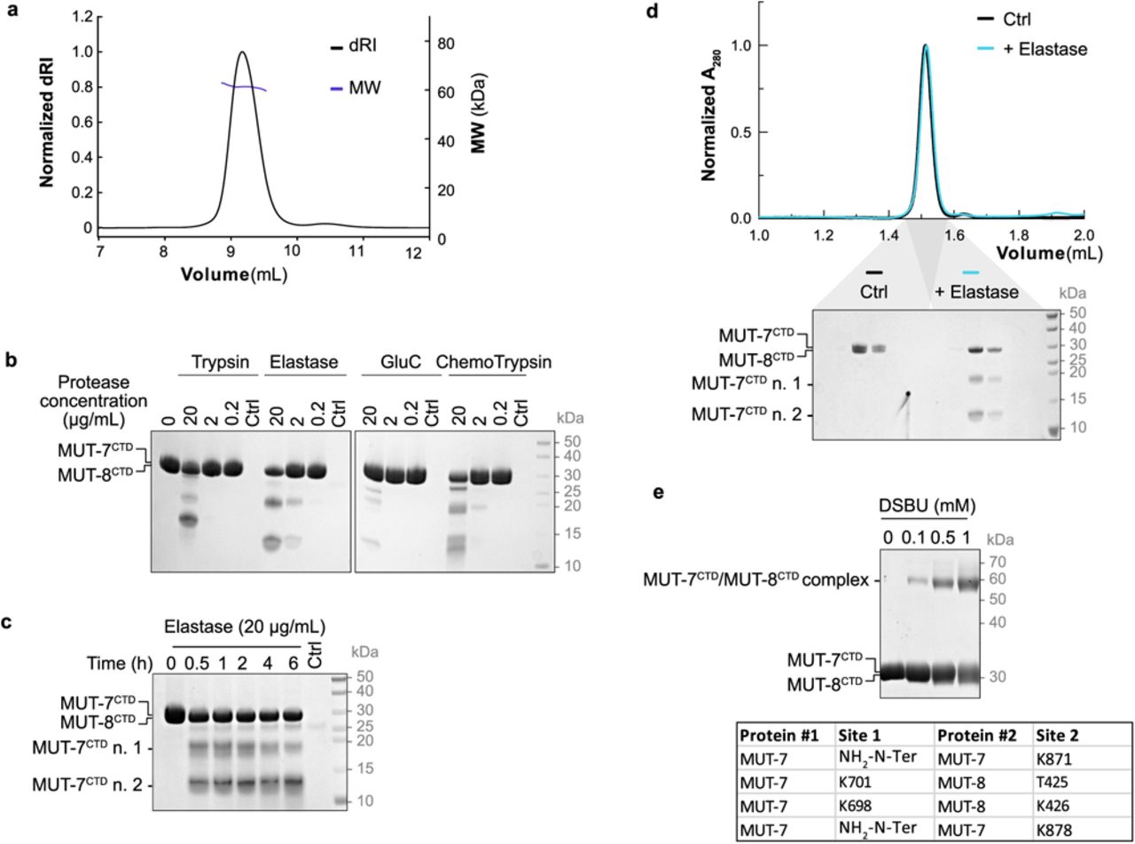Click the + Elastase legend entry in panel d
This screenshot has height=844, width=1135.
tap(1045, 50)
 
